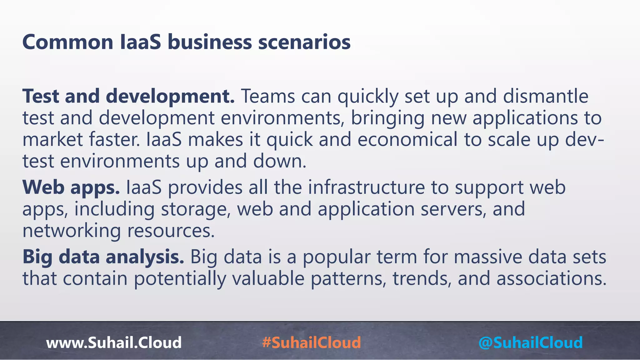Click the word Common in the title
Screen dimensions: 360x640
click(x=68, y=42)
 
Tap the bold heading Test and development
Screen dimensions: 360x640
click(x=128, y=96)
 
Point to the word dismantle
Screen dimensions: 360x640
click(x=546, y=96)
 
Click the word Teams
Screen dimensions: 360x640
click(x=267, y=96)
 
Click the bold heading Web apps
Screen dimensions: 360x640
click(x=71, y=187)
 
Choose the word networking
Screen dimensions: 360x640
click(x=72, y=231)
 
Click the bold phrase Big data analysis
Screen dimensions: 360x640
click(x=103, y=257)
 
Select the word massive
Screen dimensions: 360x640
click(x=488, y=257)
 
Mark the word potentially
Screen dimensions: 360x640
click(x=180, y=279)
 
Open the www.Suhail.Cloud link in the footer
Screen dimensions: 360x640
click(x=114, y=342)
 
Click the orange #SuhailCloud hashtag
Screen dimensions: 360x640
click(x=312, y=342)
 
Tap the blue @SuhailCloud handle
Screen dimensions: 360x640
click(x=530, y=342)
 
